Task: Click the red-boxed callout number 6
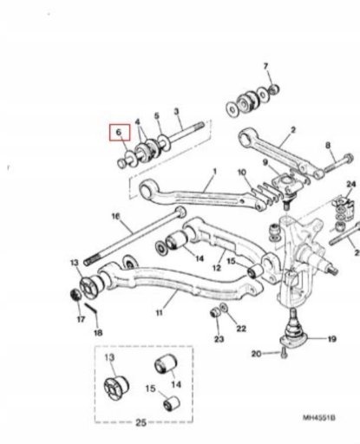tap(119, 133)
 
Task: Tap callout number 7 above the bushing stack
tap(265, 67)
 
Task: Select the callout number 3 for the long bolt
tap(176, 112)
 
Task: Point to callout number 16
tap(115, 217)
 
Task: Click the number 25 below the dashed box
tap(141, 422)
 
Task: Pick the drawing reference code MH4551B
tap(319, 418)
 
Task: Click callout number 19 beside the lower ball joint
tap(331, 338)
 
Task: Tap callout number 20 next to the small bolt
tap(257, 353)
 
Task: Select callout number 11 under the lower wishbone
tap(160, 312)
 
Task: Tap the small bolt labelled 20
tap(284, 353)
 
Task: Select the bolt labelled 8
tap(338, 163)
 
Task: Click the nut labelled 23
tap(215, 312)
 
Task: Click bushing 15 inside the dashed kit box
tap(171, 403)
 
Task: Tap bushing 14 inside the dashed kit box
tap(165, 363)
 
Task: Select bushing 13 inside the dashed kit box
tap(116, 388)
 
